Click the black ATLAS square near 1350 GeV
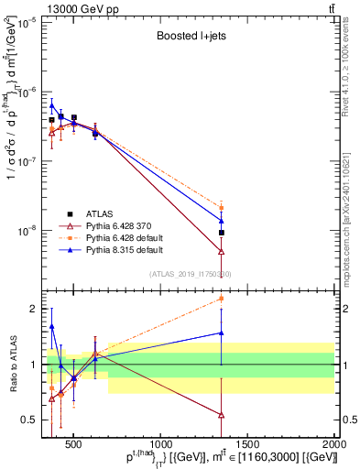pyautogui.click(x=221, y=233)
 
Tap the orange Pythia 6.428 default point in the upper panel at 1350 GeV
pyautogui.click(x=221, y=208)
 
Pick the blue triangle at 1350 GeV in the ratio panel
pyautogui.click(x=221, y=333)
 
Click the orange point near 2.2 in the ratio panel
pyautogui.click(x=221, y=298)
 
